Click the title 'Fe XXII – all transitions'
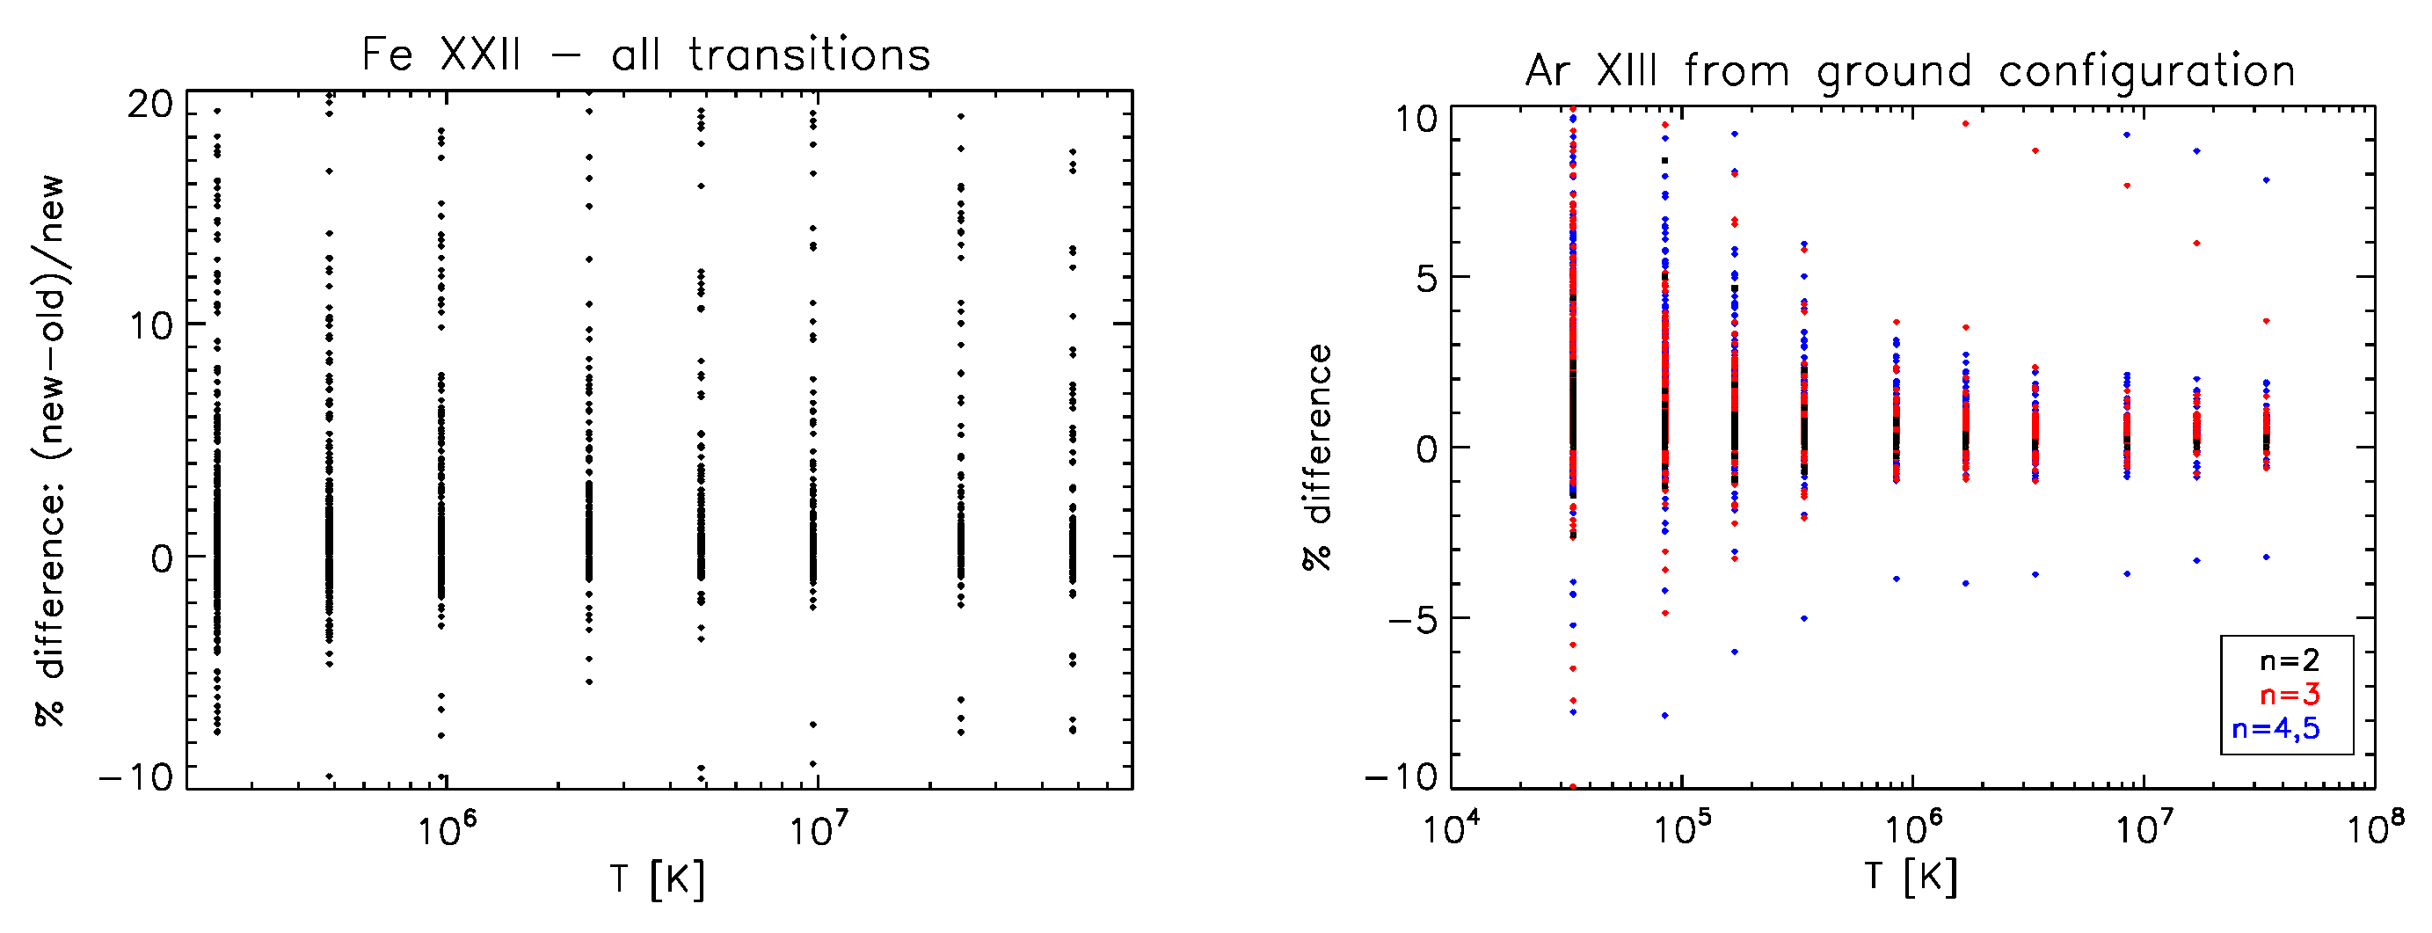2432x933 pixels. (x=645, y=55)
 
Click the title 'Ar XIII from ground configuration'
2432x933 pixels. (x=1910, y=72)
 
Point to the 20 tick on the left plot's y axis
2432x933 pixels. (x=151, y=105)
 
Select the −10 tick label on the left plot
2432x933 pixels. (x=137, y=777)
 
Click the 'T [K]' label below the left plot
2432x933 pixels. (x=657, y=879)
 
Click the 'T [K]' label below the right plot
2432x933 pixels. (x=1910, y=878)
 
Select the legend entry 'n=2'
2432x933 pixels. (x=2289, y=660)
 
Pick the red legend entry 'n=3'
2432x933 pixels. (x=2289, y=695)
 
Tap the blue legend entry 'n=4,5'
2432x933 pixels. (x=2275, y=728)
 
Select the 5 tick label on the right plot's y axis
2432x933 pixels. (x=1426, y=280)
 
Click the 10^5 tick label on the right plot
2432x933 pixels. (x=1681, y=828)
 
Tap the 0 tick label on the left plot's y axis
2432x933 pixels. (x=163, y=558)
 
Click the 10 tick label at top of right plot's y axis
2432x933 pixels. (x=1416, y=119)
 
